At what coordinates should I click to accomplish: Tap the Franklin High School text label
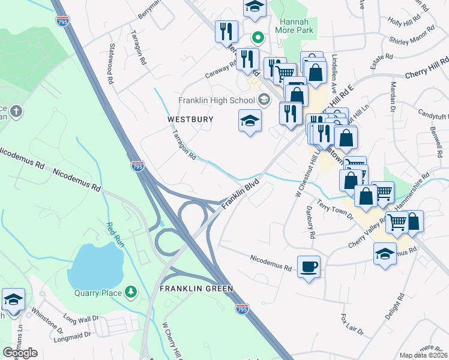point(217,100)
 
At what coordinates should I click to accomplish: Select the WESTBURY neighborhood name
point(190,120)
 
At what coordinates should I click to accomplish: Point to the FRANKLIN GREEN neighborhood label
point(196,289)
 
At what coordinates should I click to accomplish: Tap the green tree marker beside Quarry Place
point(130,292)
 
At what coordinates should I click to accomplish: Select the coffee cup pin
point(309,266)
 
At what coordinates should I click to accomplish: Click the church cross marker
point(15,111)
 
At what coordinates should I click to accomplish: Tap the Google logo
point(20,353)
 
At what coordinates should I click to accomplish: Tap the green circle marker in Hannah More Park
point(258,37)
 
